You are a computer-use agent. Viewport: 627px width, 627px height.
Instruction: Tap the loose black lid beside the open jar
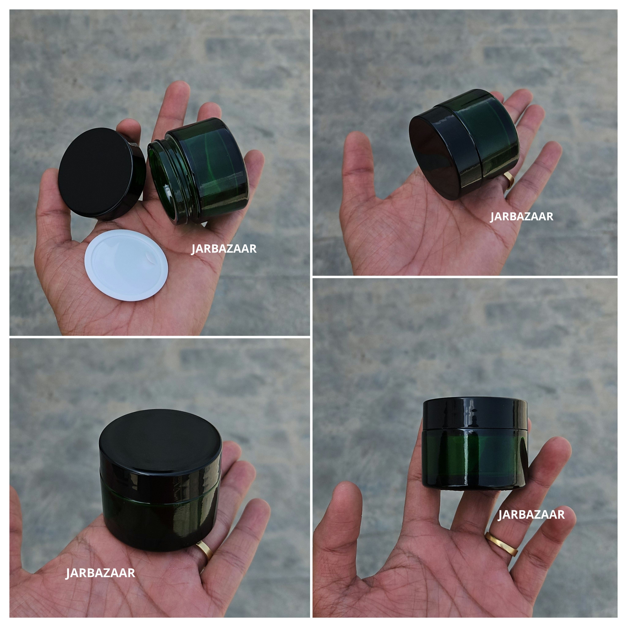pos(97,171)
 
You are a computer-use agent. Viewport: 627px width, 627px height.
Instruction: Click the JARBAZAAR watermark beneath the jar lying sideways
pos(522,216)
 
